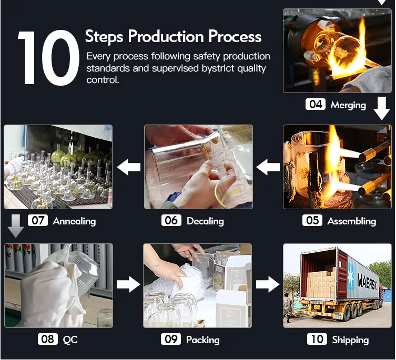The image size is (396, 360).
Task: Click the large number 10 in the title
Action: pos(48,58)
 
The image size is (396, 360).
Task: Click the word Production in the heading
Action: pos(166,37)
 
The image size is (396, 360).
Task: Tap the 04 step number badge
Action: pos(315,104)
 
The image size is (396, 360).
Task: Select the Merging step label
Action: pos(348,105)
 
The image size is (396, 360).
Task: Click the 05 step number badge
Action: pos(312,220)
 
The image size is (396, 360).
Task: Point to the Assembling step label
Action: pos(351,221)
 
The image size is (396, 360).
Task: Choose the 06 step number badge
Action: pos(171,220)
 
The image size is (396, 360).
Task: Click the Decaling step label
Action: pos(205,221)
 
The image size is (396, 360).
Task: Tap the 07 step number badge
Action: pos(38,220)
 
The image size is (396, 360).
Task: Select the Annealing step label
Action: pos(74,221)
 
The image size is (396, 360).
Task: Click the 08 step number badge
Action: pos(48,339)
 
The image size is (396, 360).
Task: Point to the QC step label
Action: pos(70,340)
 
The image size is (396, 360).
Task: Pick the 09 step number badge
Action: pos(171,339)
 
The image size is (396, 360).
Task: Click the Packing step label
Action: pos(202,340)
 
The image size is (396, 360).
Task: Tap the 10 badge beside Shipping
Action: pos(317,339)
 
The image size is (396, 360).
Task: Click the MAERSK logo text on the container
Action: pos(367,282)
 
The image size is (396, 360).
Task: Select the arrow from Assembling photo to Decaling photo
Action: pos(268,167)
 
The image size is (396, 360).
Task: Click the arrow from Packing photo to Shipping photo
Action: pos(268,284)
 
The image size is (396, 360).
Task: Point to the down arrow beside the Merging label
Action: pos(382,108)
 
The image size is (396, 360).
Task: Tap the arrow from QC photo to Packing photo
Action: pos(128,284)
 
